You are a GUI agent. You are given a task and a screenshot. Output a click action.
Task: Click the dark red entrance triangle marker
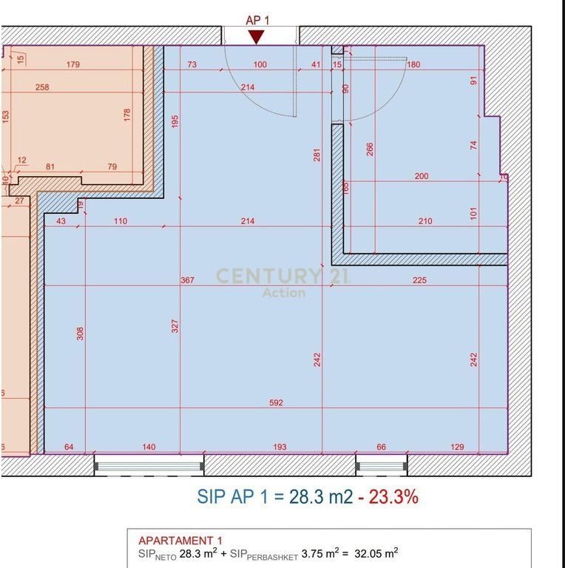tap(257, 37)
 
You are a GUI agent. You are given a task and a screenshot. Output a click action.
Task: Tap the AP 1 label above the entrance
tap(257, 21)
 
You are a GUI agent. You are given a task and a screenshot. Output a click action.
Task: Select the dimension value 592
tap(276, 403)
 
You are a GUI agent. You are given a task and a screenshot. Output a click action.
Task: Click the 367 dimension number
tap(187, 280)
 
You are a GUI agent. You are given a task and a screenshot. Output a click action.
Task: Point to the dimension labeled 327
tap(175, 326)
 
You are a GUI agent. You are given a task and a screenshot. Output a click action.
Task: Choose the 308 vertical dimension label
tap(80, 334)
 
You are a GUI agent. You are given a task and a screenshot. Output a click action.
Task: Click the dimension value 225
tap(419, 280)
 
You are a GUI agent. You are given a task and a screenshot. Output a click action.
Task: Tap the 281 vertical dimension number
tap(317, 155)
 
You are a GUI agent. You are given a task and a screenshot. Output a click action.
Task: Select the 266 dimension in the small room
tap(370, 149)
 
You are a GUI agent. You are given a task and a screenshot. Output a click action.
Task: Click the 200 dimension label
tap(422, 176)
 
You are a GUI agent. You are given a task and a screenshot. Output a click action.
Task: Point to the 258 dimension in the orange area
tap(42, 87)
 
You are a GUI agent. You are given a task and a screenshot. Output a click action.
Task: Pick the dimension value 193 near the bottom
tap(280, 447)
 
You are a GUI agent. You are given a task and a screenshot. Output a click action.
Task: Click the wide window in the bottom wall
tap(149, 466)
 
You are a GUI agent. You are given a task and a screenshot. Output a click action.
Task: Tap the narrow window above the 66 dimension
tap(382, 466)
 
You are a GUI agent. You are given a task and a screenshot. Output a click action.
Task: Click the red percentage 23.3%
tap(393, 496)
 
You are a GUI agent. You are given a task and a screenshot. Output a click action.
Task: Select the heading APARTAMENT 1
tap(180, 541)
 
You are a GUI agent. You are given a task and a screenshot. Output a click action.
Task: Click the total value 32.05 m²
tap(376, 553)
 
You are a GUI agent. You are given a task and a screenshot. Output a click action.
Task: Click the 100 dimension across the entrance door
tap(260, 64)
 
